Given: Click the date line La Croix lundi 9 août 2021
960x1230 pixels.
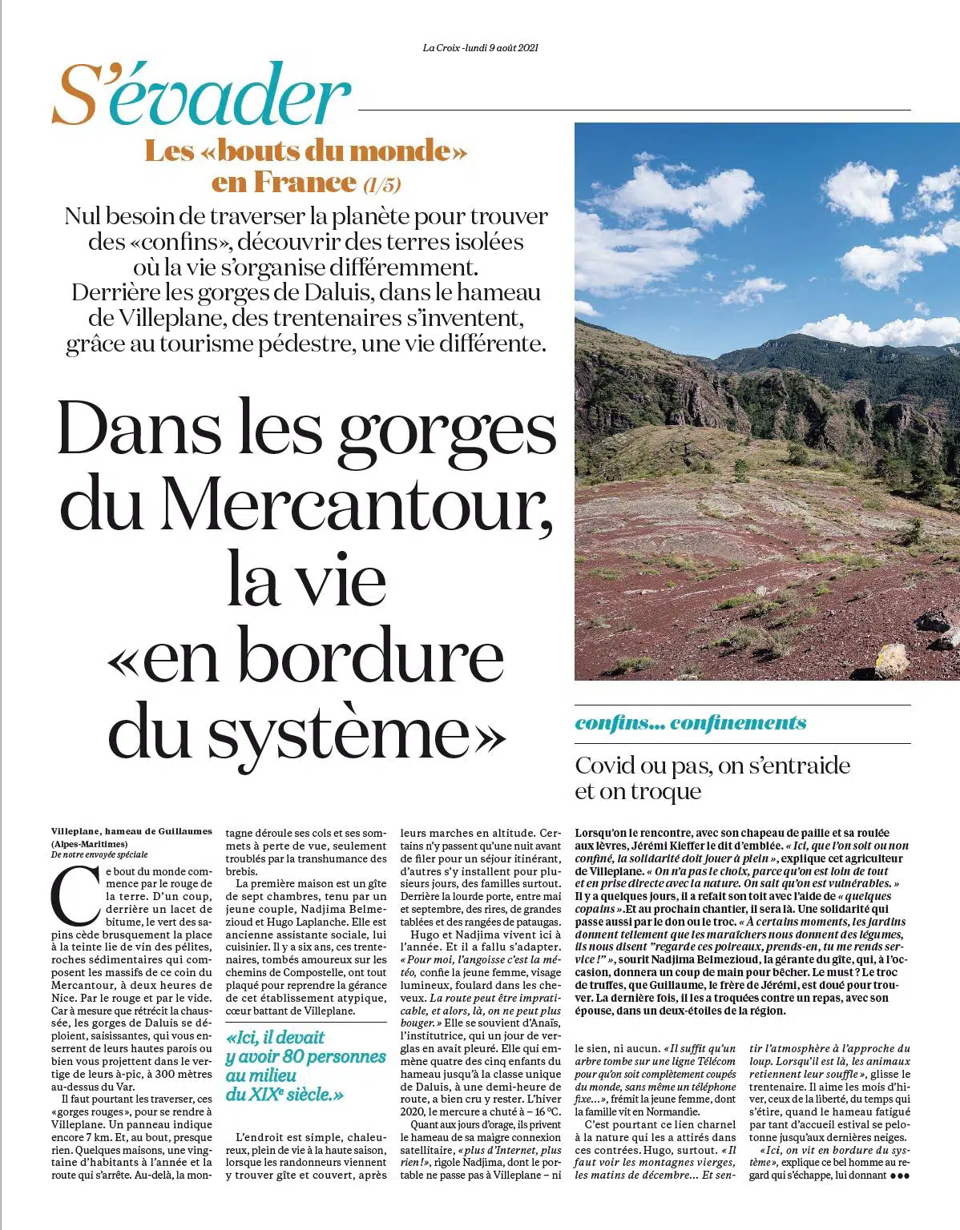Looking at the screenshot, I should (x=480, y=47).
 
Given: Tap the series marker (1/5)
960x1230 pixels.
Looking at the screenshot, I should (x=381, y=184).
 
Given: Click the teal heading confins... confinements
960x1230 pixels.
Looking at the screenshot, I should (x=690, y=723).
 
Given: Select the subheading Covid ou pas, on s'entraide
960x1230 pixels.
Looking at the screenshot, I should (x=712, y=766).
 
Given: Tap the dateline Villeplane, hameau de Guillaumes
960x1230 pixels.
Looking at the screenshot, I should (x=131, y=831).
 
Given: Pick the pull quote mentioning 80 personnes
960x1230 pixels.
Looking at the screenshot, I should (x=305, y=1065).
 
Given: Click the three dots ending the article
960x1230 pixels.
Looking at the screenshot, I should (x=900, y=1176).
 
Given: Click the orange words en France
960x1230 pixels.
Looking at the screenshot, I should (x=284, y=183).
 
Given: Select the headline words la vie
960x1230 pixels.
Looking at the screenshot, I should (x=306, y=578).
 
